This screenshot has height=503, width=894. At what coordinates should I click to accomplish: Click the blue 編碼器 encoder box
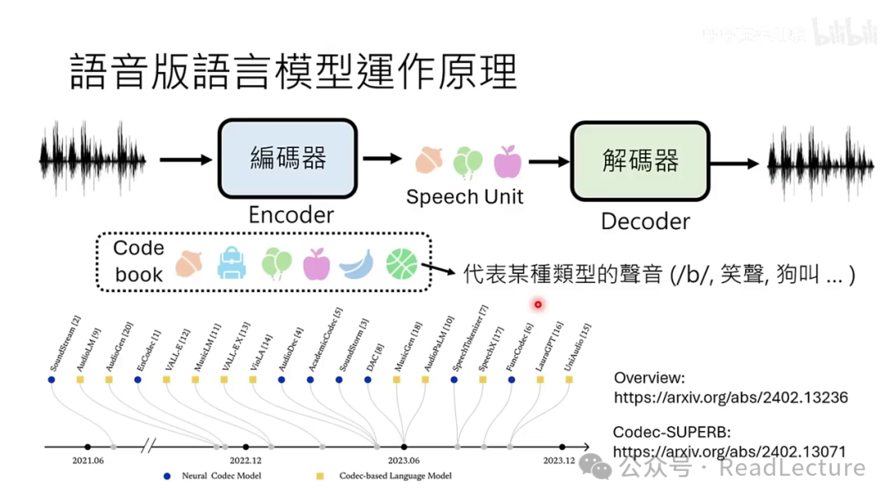(287, 159)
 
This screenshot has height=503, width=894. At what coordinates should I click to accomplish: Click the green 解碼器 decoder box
(640, 160)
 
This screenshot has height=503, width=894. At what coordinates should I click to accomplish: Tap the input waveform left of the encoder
(92, 160)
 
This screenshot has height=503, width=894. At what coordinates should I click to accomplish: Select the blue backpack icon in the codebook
(232, 264)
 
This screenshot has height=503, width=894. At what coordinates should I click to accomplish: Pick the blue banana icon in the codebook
(356, 264)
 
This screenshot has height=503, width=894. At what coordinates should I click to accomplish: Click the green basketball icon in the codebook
(401, 264)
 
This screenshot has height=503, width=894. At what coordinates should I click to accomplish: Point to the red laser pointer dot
(538, 304)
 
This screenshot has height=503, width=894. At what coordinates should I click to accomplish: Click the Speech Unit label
(464, 197)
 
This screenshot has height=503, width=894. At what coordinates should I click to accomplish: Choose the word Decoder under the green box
(645, 222)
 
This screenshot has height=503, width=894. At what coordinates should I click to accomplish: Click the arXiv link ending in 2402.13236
(730, 398)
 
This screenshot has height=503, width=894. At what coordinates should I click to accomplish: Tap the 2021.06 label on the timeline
(87, 460)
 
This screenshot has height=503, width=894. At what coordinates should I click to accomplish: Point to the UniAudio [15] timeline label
(578, 347)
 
